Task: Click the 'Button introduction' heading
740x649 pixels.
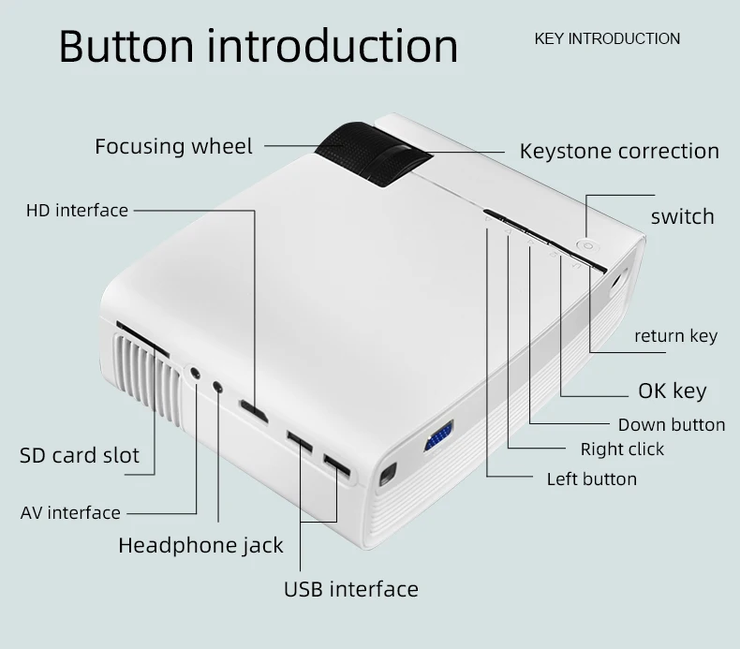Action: [259, 47]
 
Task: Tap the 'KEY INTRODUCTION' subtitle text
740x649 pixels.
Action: [607, 38]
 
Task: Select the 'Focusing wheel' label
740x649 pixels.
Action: [173, 147]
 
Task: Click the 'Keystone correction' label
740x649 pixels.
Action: [619, 151]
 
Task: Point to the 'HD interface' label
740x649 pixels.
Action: [77, 210]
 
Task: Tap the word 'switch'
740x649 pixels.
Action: [682, 216]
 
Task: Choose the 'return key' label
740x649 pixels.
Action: [675, 335]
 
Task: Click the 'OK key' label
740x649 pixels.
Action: [672, 391]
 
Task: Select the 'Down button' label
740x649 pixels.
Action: [671, 424]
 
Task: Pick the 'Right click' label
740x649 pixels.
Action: [622, 449]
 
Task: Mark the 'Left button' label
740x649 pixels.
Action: [591, 479]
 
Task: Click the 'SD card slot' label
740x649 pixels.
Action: [80, 456]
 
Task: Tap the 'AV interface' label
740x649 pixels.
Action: [70, 512]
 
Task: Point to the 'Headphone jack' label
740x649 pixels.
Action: [200, 545]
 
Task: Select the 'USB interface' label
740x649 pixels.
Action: [350, 589]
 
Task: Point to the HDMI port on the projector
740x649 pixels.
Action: [252, 408]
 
